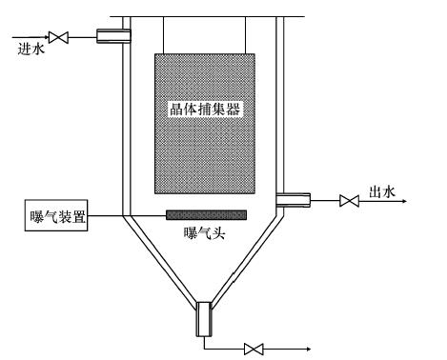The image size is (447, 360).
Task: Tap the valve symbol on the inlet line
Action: click(x=58, y=37)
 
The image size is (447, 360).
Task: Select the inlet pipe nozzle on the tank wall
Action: click(x=113, y=37)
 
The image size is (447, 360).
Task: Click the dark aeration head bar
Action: click(x=207, y=214)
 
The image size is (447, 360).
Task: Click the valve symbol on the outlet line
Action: click(x=349, y=200)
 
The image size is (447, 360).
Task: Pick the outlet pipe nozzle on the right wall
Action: click(x=293, y=199)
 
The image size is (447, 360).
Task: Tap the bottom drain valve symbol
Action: click(x=254, y=349)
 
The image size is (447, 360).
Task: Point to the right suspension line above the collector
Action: click(x=249, y=34)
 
